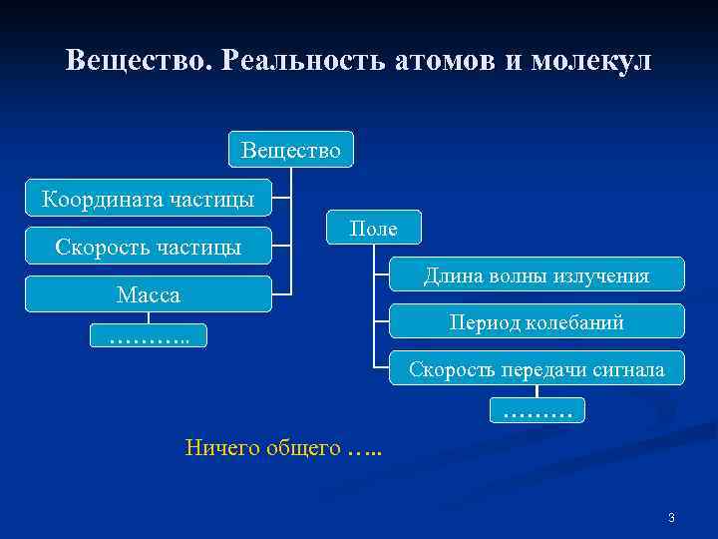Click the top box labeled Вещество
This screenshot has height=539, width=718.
(290, 150)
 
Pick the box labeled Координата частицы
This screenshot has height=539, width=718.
(148, 199)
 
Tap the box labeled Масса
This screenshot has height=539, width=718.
(148, 294)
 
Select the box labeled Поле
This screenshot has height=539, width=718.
(374, 229)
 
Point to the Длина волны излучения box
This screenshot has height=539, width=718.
(536, 274)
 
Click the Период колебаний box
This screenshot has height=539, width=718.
(536, 321)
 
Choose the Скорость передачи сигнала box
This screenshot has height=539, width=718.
(536, 369)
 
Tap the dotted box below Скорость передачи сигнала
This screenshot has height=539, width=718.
(538, 409)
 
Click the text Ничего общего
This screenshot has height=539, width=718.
(263, 447)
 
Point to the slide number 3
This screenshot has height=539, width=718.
(671, 517)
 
